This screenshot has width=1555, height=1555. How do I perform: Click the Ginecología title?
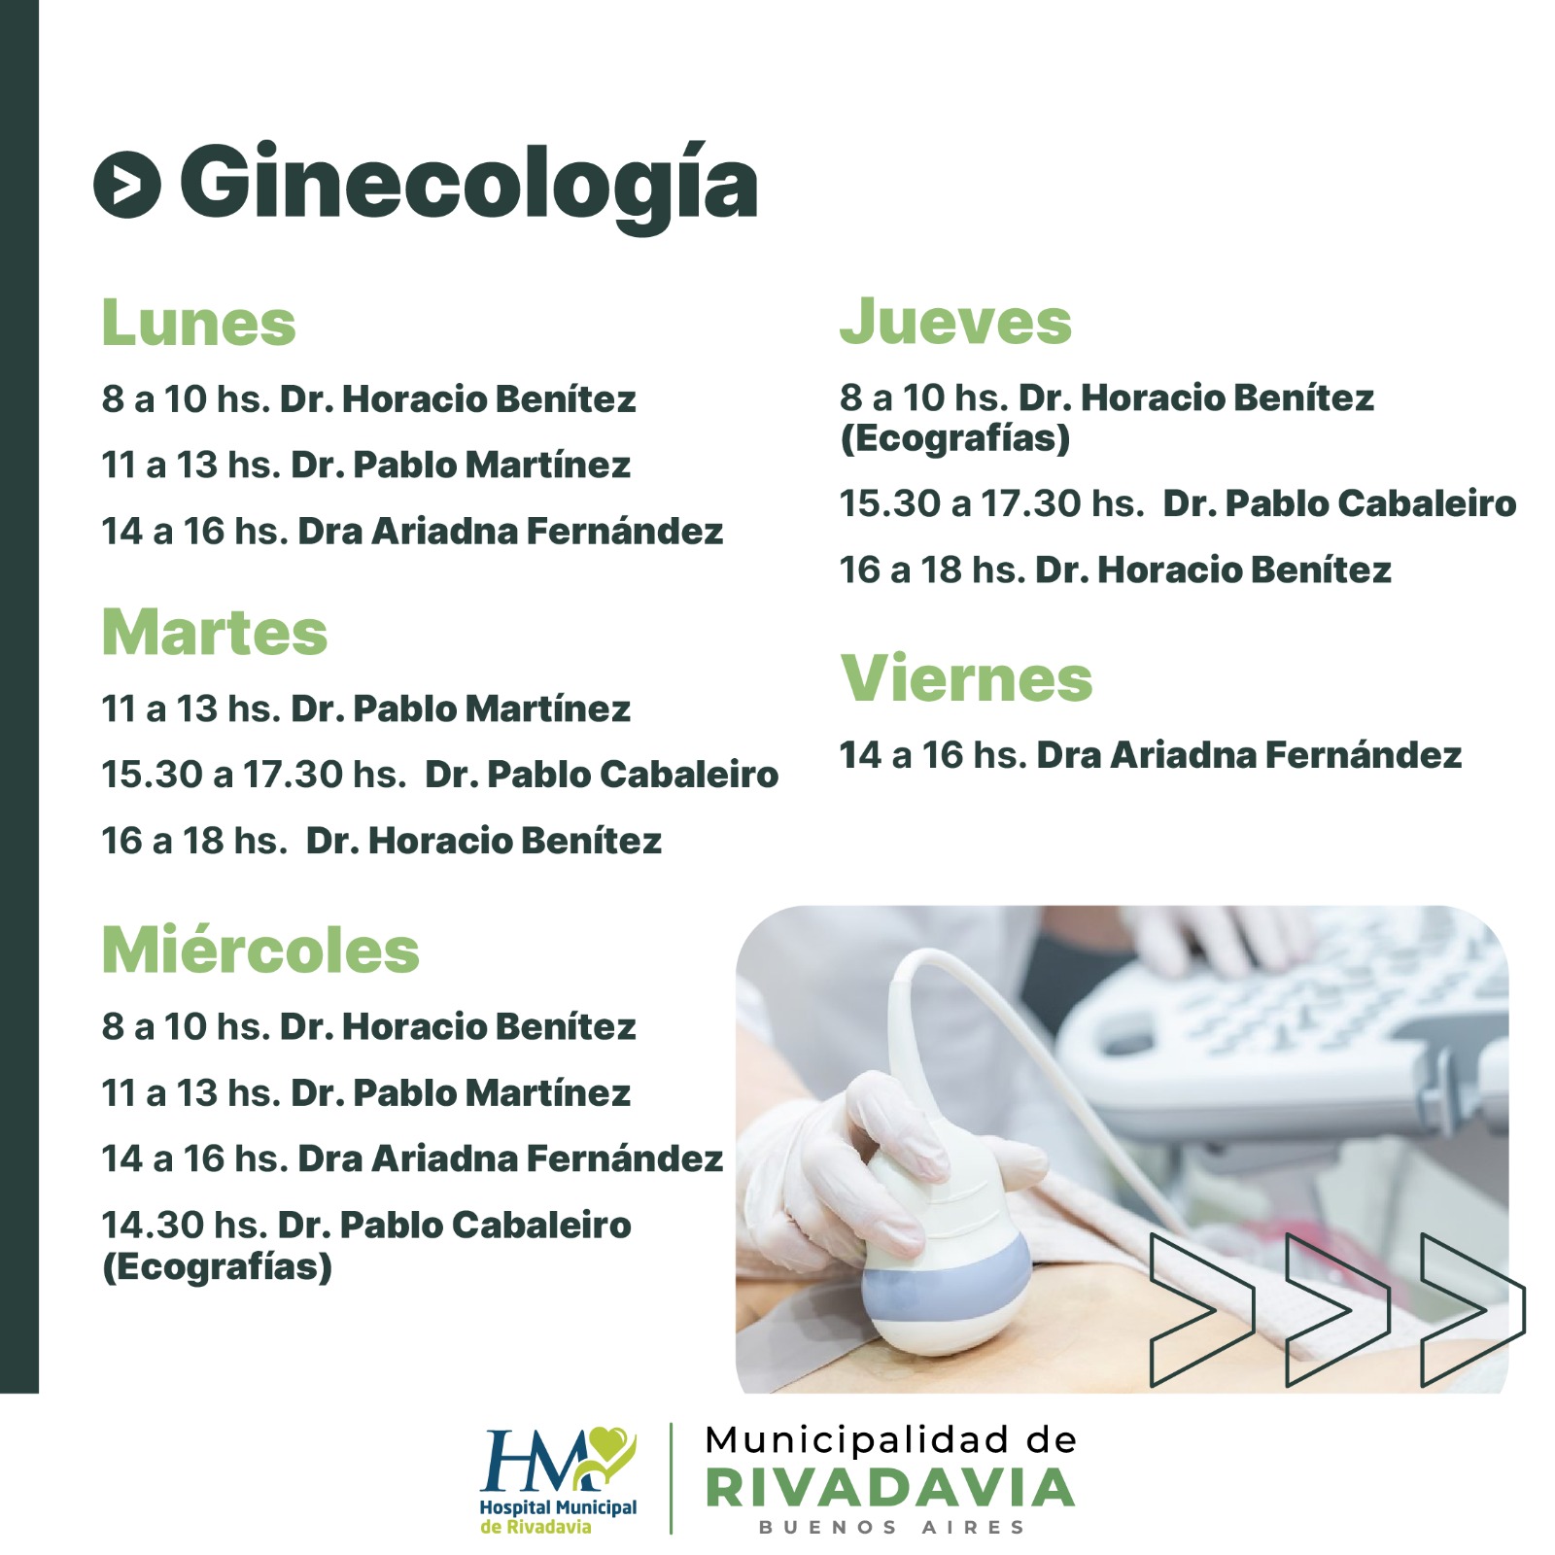468,186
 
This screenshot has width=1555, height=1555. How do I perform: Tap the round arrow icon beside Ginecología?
127,185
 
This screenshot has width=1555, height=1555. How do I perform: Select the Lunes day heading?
198,323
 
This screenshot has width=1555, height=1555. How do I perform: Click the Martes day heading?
215,633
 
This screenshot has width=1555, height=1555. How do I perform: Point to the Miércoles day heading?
260,949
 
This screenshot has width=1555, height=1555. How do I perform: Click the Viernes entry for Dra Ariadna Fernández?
1249,755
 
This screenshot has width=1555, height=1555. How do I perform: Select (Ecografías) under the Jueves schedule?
955,438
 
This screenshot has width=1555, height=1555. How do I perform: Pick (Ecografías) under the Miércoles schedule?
218,1267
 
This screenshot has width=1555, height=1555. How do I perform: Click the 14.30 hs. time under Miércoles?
185,1226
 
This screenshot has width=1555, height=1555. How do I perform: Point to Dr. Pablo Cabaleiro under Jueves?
1339,503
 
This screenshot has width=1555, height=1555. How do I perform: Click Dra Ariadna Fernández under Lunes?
510,532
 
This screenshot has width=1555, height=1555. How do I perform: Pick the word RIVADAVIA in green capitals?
890,1488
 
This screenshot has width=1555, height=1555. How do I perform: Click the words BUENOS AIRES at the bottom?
891,1528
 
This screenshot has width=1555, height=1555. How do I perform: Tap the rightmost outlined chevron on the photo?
1472,1309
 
